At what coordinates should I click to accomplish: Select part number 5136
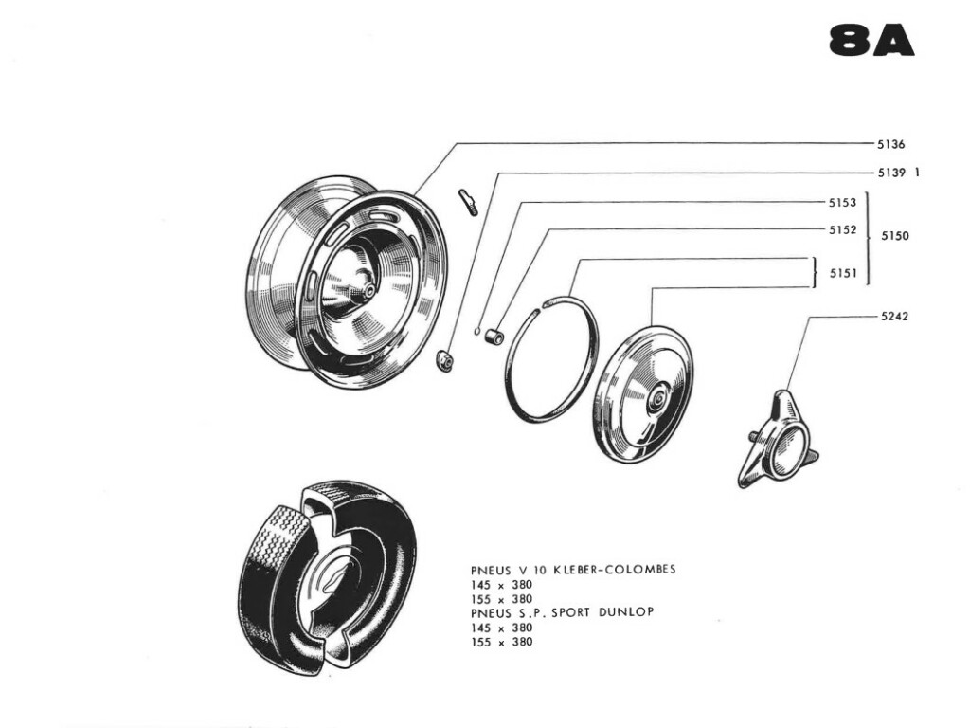coord(891,145)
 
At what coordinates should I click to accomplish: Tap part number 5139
coord(891,173)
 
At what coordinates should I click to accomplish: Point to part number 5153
coord(842,203)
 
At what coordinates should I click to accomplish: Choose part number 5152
coord(842,230)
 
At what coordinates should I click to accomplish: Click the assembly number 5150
coord(895,236)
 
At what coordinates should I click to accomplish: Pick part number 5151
coord(843,273)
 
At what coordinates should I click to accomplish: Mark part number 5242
coord(894,317)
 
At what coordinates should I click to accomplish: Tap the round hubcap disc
coord(643,394)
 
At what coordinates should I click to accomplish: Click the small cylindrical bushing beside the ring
coord(492,336)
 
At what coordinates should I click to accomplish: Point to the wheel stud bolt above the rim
coord(468,202)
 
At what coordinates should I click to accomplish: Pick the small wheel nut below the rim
coord(442,360)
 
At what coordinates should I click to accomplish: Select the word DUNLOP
coord(629,612)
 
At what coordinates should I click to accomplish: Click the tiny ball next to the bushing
coord(478,331)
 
